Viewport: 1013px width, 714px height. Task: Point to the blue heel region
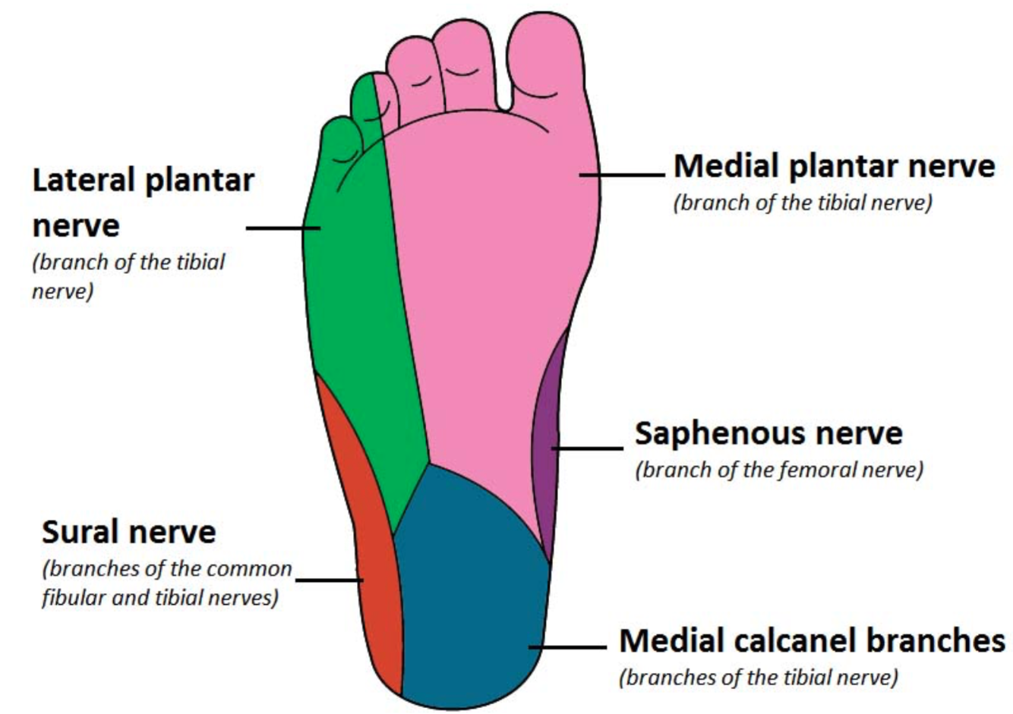click(471, 592)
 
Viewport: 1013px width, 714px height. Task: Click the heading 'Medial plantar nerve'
click(834, 165)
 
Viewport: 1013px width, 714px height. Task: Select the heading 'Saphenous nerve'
click(768, 433)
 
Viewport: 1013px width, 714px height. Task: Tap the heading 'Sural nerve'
click(129, 532)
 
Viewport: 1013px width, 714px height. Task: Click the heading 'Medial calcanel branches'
click(812, 641)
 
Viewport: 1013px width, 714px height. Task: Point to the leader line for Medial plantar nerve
click(623, 175)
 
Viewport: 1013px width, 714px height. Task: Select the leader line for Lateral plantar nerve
click(282, 228)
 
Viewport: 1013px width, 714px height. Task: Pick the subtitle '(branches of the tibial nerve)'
click(758, 677)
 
